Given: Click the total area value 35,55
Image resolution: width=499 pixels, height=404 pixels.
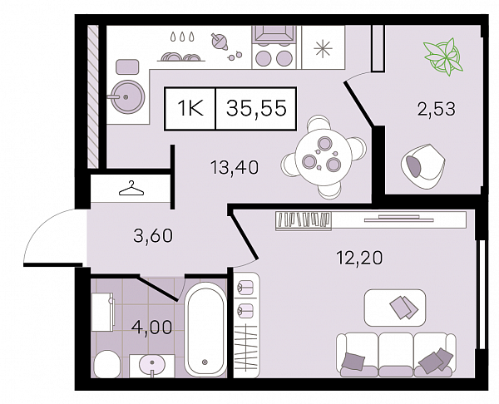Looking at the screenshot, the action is coord(256,108).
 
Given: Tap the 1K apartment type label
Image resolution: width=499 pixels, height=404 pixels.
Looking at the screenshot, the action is coord(190,108).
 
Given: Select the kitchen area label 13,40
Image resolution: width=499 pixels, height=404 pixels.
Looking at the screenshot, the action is coord(235,167).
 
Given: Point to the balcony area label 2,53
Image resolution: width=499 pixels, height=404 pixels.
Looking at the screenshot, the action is coord(437,108).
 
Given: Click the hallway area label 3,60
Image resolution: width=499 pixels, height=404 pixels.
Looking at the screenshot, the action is coord(153,236).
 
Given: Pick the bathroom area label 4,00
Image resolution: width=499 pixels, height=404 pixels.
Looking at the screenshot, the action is coord(151,327).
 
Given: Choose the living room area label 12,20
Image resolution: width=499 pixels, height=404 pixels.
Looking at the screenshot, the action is coord(359,258).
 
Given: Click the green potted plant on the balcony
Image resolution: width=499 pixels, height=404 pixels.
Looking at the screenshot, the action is coord(442,57).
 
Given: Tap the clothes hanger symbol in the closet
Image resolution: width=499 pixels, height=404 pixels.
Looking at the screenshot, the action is coord(131,188).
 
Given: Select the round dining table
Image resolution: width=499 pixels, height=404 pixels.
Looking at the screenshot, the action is coord(324,157).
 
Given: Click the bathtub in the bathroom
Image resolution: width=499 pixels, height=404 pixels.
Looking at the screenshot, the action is coord(205,330).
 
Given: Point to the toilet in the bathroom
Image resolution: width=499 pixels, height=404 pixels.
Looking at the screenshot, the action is coord(107,364).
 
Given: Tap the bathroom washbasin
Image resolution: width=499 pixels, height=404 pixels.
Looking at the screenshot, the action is coord(152,366).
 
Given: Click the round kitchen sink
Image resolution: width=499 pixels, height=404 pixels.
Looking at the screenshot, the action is coord(126,96).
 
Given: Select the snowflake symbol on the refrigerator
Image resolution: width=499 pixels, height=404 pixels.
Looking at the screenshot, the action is coord(323,49).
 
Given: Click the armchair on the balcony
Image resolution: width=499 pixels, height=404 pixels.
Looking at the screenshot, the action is coord(422,165).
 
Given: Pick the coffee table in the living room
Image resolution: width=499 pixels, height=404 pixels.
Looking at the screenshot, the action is coord(395,308).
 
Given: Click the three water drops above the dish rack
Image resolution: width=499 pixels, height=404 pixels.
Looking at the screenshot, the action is coord(181,37).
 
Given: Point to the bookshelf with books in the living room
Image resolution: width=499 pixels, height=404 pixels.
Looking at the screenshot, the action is coord(304,220).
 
